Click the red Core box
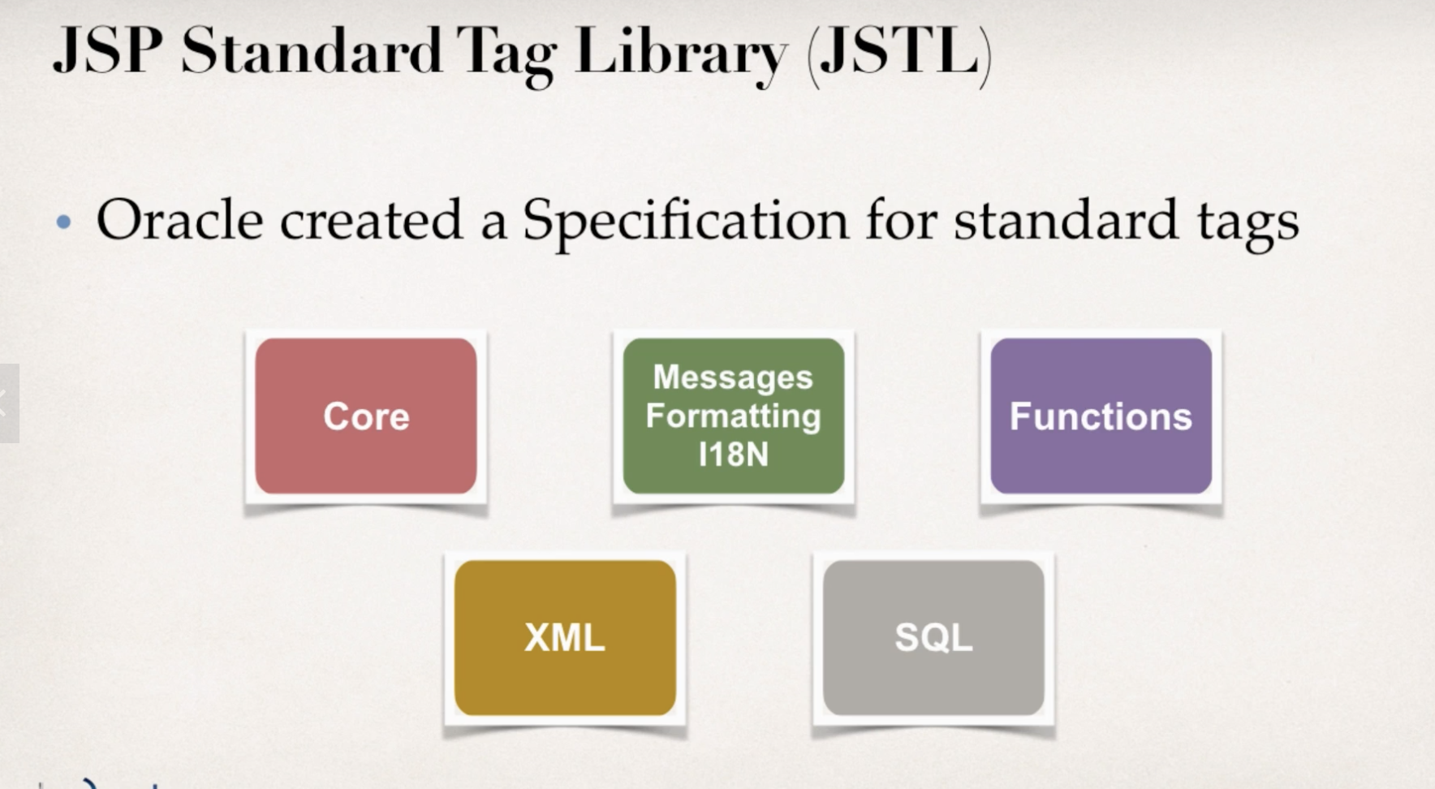[366, 416]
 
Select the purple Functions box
[1101, 416]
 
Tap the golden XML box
[565, 637]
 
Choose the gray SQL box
[933, 637]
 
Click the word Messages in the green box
[733, 378]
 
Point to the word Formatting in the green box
[733, 416]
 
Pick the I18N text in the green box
[733, 455]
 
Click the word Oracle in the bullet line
[179, 219]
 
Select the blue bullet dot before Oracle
[64, 222]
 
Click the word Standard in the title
[311, 52]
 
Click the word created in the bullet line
[372, 219]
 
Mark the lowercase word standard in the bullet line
[1066, 219]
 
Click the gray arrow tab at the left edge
[8, 403]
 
